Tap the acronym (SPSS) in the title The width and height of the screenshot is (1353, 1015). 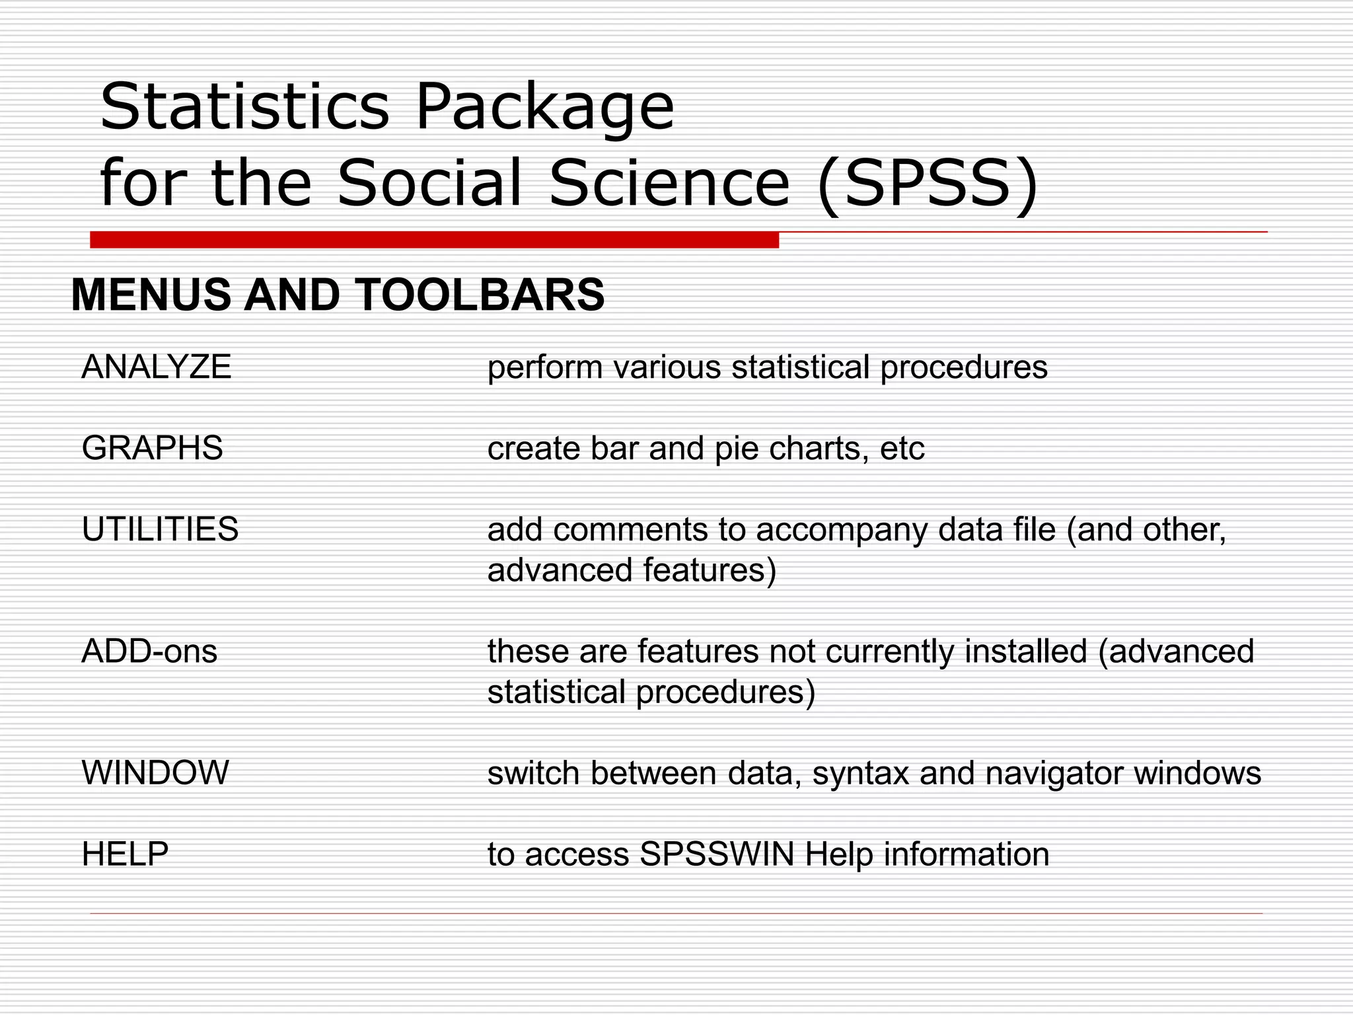click(928, 183)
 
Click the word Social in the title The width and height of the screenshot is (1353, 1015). click(429, 183)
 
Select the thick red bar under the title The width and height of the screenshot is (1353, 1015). click(434, 240)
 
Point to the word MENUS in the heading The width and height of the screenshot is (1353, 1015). click(151, 295)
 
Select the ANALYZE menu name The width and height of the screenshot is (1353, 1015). click(157, 367)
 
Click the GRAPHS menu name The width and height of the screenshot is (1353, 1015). click(152, 448)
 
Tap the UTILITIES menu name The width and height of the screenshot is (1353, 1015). click(160, 529)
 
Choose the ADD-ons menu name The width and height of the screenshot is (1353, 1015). click(149, 652)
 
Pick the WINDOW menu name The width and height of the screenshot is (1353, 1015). click(155, 772)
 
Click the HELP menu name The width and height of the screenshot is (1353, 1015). click(125, 854)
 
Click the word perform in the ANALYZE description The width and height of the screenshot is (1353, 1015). click(545, 368)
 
